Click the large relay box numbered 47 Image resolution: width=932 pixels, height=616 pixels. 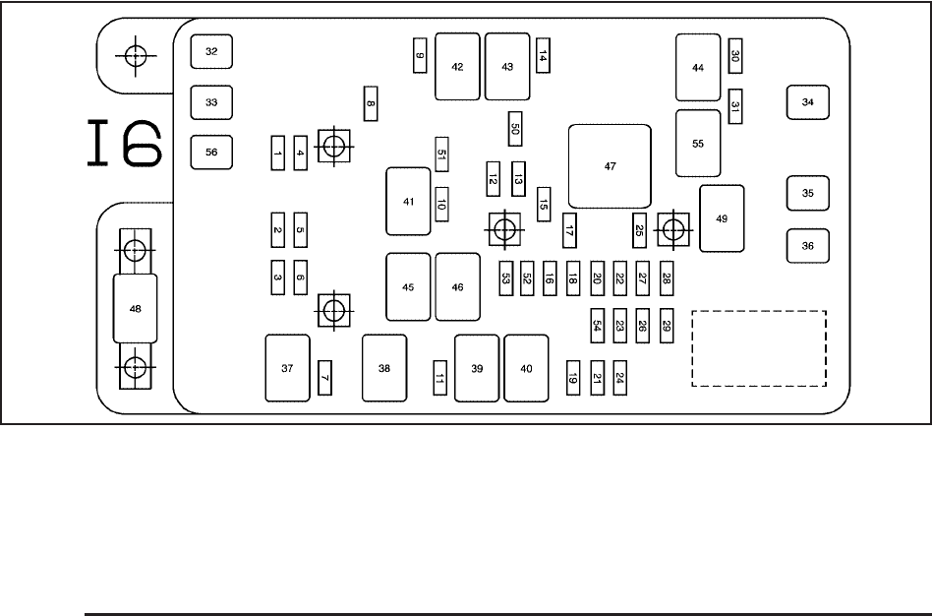click(610, 166)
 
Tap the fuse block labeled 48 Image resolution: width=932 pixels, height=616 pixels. click(136, 308)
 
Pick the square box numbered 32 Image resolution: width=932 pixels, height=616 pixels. click(211, 51)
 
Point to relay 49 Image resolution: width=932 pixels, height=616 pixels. click(722, 218)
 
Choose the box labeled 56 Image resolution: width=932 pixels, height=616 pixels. click(211, 152)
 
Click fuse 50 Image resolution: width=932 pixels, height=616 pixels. click(514, 128)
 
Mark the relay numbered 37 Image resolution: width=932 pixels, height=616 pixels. click(287, 368)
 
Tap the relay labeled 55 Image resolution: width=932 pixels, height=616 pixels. click(698, 143)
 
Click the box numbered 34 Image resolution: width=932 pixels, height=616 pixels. click(808, 101)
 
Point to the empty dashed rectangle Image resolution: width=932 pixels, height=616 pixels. click(759, 348)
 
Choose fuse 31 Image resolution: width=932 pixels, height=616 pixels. click(735, 106)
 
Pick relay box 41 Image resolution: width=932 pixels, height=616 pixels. click(408, 201)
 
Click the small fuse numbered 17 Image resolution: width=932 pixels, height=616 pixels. click(568, 231)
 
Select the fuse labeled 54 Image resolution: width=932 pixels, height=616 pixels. click(597, 325)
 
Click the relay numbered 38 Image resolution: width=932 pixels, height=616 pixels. click(383, 368)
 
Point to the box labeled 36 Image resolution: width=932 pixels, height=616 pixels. click(808, 245)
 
